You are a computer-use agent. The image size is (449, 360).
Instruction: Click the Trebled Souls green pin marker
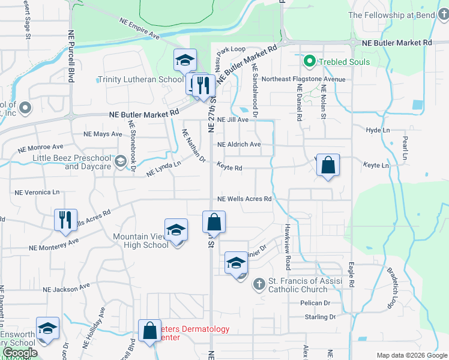pyautogui.click(x=310, y=61)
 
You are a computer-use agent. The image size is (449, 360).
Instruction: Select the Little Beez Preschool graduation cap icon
pyautogui.click(x=120, y=161)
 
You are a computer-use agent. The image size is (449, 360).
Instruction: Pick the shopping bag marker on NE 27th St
pyautogui.click(x=214, y=222)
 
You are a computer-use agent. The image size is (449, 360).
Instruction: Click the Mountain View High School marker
pyautogui.click(x=176, y=231)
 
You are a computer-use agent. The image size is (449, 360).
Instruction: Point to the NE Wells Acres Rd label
pyautogui.click(x=244, y=199)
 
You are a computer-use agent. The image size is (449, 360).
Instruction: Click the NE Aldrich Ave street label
pyautogui.click(x=239, y=145)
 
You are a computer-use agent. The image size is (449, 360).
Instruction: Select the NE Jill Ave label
pyautogui.click(x=233, y=120)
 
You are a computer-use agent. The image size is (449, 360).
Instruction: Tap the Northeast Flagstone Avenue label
pyautogui.click(x=304, y=79)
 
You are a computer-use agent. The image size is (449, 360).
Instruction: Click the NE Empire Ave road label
pyautogui.click(x=139, y=29)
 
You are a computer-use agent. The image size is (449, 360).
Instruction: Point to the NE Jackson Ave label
pyautogui.click(x=67, y=289)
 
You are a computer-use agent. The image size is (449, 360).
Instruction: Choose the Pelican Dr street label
pyautogui.click(x=315, y=304)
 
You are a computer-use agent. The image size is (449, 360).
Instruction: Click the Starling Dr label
pyautogui.click(x=319, y=317)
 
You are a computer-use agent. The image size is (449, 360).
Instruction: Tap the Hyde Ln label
pyautogui.click(x=378, y=130)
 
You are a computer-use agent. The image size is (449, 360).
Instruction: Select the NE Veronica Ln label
pyautogui.click(x=37, y=193)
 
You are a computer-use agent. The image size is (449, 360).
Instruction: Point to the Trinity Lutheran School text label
pyautogui.click(x=140, y=80)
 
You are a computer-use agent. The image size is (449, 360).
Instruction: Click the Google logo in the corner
pyautogui.click(x=19, y=353)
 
